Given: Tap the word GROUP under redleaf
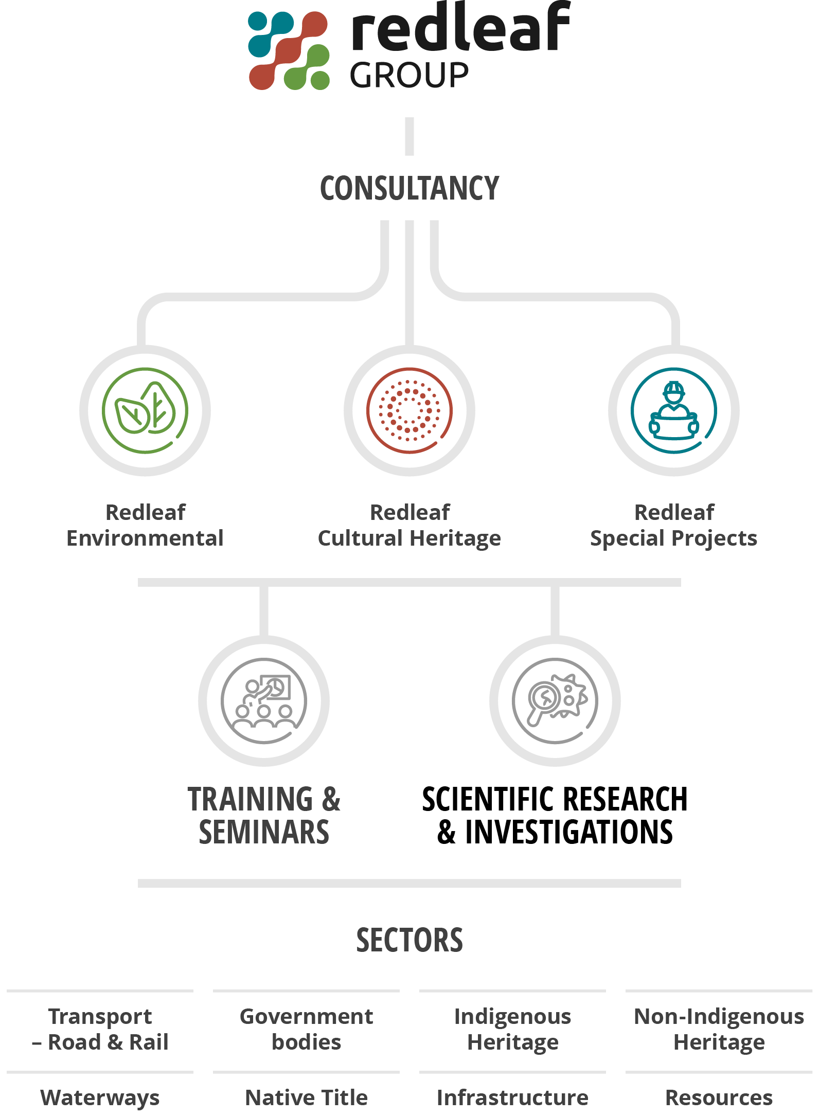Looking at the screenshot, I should (409, 75).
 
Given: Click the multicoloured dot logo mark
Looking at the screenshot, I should (289, 50).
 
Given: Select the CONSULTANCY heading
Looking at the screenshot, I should (409, 188).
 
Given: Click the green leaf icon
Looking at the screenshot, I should (145, 410).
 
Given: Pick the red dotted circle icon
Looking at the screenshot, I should (409, 410).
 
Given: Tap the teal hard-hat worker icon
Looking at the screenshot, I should (674, 410).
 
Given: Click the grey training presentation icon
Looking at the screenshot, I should (264, 701).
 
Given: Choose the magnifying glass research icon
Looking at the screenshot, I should (555, 701).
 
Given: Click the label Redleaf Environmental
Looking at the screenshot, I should (145, 525).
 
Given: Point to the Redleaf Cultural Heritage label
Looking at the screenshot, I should (409, 525).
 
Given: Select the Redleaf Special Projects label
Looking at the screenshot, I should (674, 525).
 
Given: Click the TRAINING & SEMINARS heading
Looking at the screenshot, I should (264, 816).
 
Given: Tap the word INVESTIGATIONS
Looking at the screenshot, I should (568, 833).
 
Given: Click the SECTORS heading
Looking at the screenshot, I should (409, 941).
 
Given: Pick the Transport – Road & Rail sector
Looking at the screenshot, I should (100, 1030).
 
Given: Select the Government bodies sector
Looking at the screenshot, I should (307, 1030).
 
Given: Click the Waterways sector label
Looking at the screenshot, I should (100, 1098).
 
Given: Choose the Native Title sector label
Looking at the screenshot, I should (307, 1098).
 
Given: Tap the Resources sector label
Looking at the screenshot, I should (719, 1098).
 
